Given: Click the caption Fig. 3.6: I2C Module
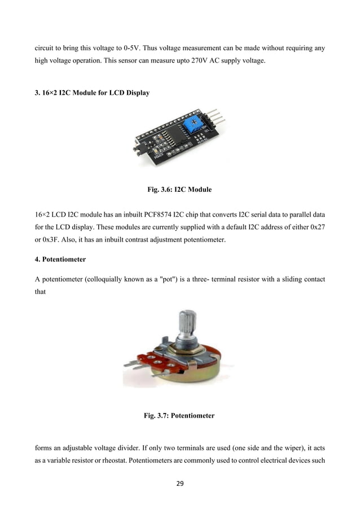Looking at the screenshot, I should [x=179, y=190].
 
